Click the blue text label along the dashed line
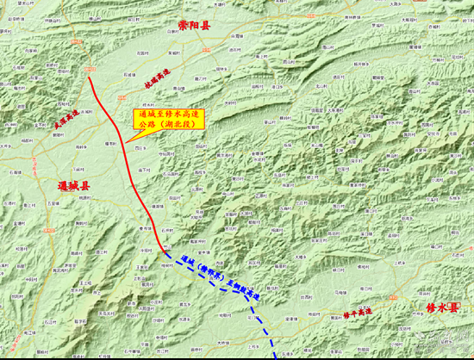(221, 276)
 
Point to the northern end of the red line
(91, 77)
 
